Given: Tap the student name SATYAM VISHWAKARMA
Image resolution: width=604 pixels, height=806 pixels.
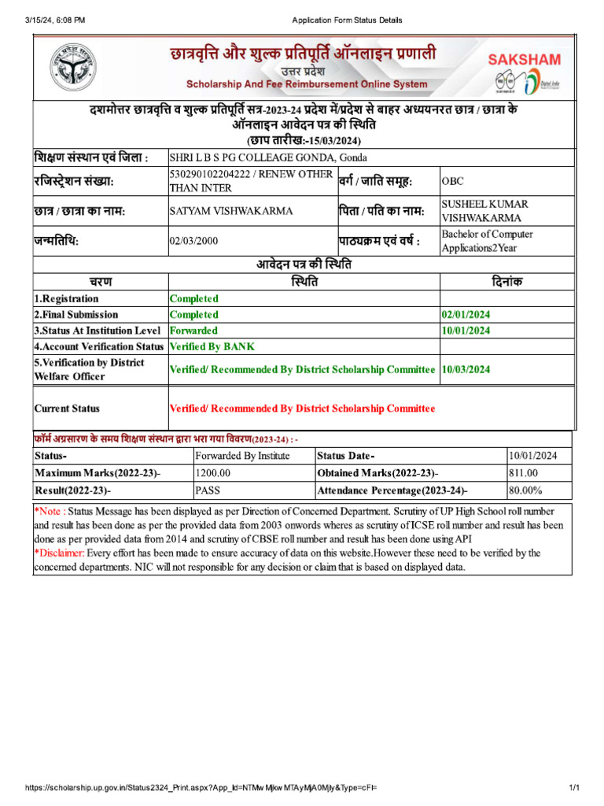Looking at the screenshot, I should coord(231,211).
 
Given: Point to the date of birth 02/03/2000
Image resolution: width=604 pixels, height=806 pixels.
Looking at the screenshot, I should coord(193,242).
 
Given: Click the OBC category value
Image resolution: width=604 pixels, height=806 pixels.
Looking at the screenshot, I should coord(453,181).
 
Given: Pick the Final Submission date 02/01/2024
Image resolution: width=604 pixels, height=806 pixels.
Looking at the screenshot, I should coord(466,315).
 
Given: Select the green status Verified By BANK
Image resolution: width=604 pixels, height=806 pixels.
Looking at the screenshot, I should coord(212,346).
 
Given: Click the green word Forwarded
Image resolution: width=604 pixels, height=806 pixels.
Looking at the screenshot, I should coord(194,331).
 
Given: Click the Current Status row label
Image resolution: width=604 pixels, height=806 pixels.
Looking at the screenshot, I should coord(67,409).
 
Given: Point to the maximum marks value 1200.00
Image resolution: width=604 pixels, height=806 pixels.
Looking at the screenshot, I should coord(213,472).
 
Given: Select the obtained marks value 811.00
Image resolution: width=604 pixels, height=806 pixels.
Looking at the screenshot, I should coord(523,472).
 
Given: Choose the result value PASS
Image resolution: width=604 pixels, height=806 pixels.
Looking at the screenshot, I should coord(208,490).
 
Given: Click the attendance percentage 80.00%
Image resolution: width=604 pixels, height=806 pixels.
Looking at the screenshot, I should coord(525,490).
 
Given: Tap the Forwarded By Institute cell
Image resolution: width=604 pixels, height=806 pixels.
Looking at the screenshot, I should coord(242,456).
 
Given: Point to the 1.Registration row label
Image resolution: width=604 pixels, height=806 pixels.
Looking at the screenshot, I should coord(66,299).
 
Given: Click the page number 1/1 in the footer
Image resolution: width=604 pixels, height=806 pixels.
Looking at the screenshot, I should coord(573,788).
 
